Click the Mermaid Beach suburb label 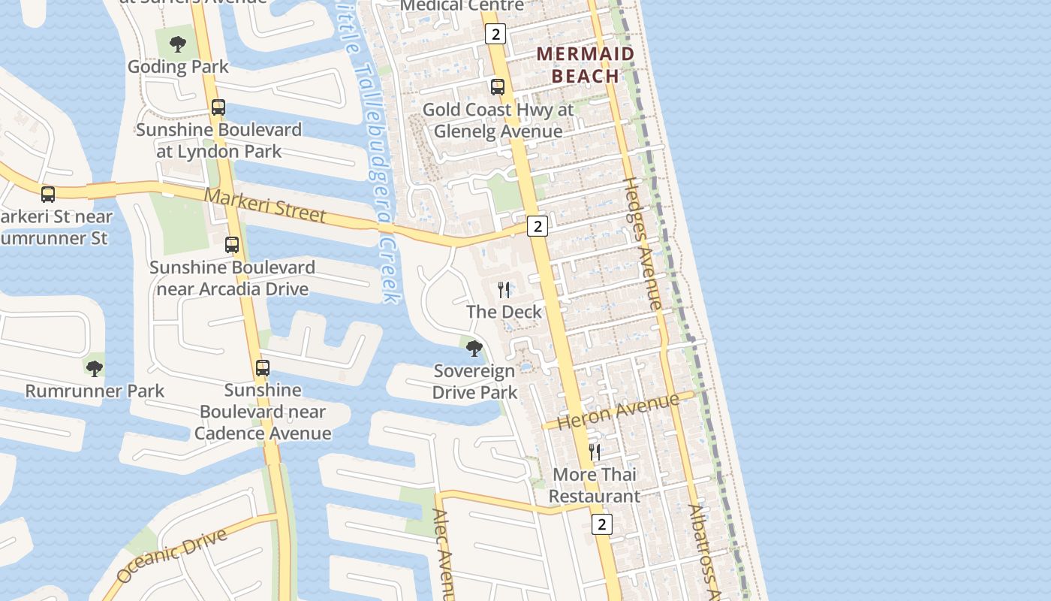586,64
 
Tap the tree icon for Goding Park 178,44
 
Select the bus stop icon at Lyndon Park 218,107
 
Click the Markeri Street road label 265,205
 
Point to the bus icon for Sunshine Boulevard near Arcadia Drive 232,245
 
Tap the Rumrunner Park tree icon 94,368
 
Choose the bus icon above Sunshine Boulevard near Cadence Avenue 262,368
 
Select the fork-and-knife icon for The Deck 504,290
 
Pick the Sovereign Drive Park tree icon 474,349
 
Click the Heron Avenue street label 618,411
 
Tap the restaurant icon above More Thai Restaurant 595,452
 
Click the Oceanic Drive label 172,555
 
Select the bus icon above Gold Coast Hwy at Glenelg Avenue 497,87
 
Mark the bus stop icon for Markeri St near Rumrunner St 48,195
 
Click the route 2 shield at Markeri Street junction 537,225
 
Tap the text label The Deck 504,311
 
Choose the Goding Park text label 178,66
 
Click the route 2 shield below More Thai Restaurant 601,524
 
